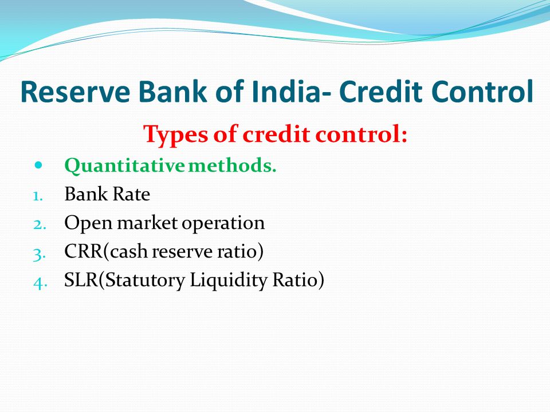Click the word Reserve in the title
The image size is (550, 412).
(75, 92)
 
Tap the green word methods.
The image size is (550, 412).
(232, 165)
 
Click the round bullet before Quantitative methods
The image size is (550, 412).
(38, 165)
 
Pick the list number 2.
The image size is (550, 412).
(40, 224)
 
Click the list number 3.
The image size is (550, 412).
(40, 254)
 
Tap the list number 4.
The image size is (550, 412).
(40, 283)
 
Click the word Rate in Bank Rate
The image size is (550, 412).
(131, 194)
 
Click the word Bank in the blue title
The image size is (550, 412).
(172, 92)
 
